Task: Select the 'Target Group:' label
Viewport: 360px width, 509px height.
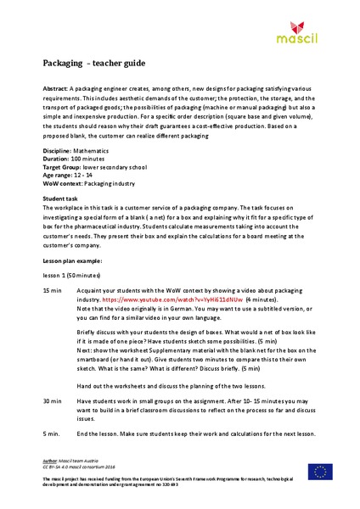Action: point(66,165)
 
